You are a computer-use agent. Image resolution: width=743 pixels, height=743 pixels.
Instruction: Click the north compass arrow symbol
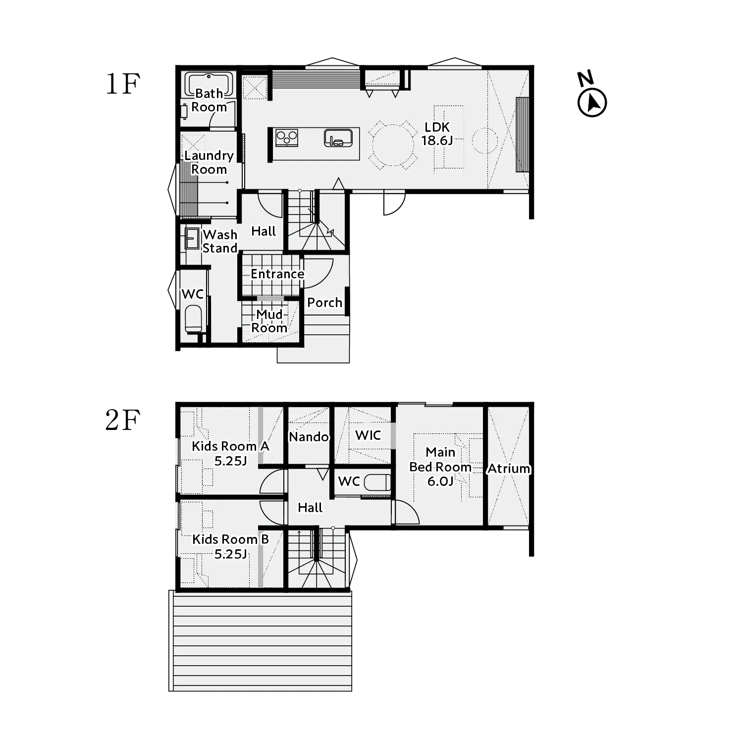coord(592,103)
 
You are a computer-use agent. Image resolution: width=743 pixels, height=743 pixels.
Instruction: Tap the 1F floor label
coord(123,84)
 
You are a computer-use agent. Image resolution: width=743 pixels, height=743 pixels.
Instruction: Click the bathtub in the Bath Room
coord(209,85)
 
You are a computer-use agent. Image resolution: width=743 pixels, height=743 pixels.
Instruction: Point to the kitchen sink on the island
coord(338,138)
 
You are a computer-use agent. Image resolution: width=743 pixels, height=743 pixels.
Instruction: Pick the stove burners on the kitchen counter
coord(287,138)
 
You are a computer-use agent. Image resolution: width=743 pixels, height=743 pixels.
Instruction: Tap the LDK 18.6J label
coord(437,134)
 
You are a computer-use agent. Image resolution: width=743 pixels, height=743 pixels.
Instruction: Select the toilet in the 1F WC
coord(193,318)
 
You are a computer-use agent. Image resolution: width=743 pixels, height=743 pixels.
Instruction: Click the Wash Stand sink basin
coord(192,239)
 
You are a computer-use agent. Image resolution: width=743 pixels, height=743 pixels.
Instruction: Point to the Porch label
coord(324,303)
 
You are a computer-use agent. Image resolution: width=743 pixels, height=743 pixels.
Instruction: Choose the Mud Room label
coord(269,321)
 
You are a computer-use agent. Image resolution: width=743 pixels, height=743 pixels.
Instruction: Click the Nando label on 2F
coord(309,437)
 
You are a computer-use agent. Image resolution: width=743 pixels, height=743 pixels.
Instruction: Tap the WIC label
coord(368,435)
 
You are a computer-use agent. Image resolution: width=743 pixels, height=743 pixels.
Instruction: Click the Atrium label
coord(509,468)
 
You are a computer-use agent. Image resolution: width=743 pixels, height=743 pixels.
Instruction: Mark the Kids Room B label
coord(230,546)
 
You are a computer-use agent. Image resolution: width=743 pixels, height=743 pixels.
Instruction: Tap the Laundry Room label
coord(209,162)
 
